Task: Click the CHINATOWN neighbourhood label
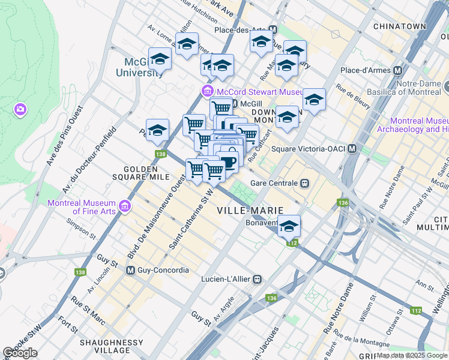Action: pyautogui.click(x=399, y=26)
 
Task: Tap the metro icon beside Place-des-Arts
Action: pyautogui.click(x=273, y=29)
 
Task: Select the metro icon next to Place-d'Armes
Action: pyautogui.click(x=397, y=70)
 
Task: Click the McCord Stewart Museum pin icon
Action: pyautogui.click(x=207, y=92)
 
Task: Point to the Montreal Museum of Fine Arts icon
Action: pyautogui.click(x=125, y=206)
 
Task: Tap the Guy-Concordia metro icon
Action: pyautogui.click(x=130, y=271)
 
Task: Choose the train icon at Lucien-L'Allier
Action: pyautogui.click(x=257, y=279)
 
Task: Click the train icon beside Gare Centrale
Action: pyautogui.click(x=305, y=182)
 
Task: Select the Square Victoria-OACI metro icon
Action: pyautogui.click(x=352, y=149)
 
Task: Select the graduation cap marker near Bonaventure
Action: pyautogui.click(x=289, y=226)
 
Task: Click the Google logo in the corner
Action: pyautogui.click(x=20, y=353)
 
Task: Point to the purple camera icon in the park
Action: pyautogui.click(x=20, y=109)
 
